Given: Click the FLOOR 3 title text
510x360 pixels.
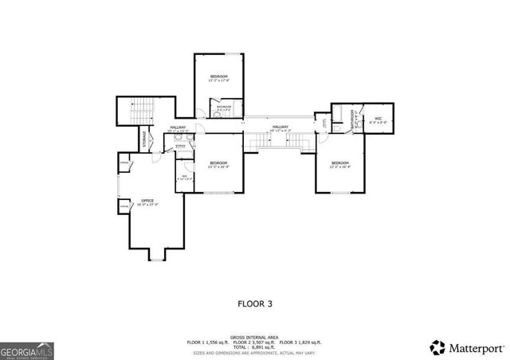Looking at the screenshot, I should coord(254,303).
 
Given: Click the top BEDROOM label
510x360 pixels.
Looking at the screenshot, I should coord(218,77).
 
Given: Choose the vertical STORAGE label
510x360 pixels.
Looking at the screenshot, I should coord(144,139).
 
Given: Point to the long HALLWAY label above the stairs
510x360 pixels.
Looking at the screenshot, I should coord(280,127).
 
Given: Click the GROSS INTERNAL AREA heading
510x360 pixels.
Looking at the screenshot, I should coord(255,337).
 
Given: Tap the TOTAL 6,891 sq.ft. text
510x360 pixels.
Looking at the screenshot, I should coord(254,347).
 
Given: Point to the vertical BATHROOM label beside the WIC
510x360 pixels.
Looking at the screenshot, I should coord(352,120).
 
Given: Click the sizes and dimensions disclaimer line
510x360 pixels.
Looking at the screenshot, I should coord(255,353).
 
